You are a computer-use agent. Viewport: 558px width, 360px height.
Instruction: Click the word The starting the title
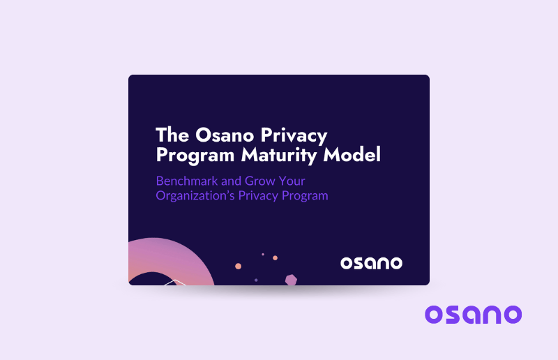tap(170, 134)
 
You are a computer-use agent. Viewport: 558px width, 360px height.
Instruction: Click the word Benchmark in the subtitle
tap(186, 181)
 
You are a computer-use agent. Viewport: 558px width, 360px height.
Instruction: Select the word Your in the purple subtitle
tap(292, 181)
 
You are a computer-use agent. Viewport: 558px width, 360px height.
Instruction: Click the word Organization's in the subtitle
tap(195, 195)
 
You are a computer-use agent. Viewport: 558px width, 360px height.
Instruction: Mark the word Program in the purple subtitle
tap(306, 195)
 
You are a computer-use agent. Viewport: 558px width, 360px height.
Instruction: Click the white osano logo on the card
tap(371, 263)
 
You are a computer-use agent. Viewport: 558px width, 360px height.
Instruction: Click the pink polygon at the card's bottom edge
tap(291, 280)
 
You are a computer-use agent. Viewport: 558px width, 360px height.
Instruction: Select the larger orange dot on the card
tap(239, 266)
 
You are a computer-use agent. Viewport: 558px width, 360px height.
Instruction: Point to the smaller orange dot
tap(275, 257)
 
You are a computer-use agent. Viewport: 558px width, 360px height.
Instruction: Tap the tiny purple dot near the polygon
tap(256, 280)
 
